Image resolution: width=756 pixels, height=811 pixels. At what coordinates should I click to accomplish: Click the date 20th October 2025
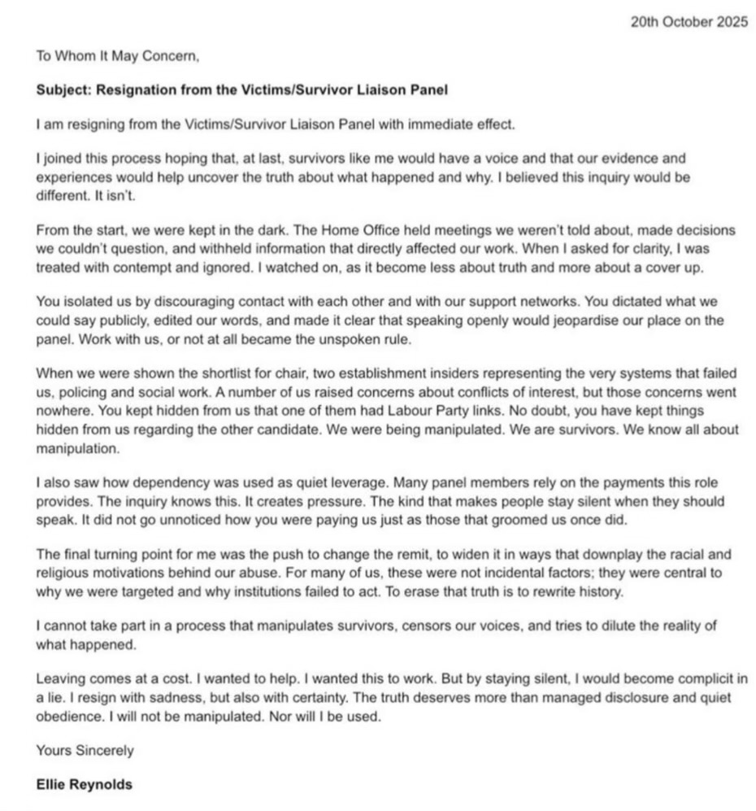[x=689, y=22]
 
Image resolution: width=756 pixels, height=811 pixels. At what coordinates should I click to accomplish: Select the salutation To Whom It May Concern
[x=117, y=57]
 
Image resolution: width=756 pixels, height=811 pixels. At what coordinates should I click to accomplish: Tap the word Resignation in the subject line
[x=133, y=90]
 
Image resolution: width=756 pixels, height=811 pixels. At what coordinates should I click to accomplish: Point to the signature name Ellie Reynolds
[x=85, y=785]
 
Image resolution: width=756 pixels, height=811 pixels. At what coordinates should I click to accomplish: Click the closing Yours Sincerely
[x=85, y=750]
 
